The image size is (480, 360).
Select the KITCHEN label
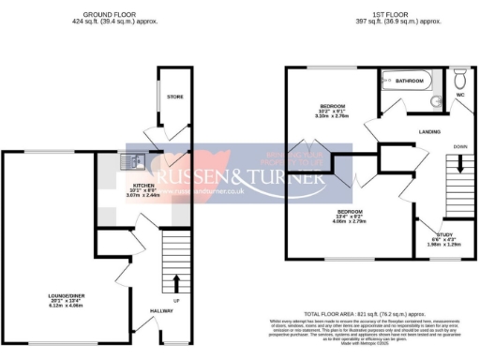(144, 186)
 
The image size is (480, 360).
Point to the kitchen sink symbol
(130, 162)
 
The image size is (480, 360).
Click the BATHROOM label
(409, 82)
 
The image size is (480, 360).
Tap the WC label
(459, 96)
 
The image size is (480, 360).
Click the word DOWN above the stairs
(459, 147)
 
